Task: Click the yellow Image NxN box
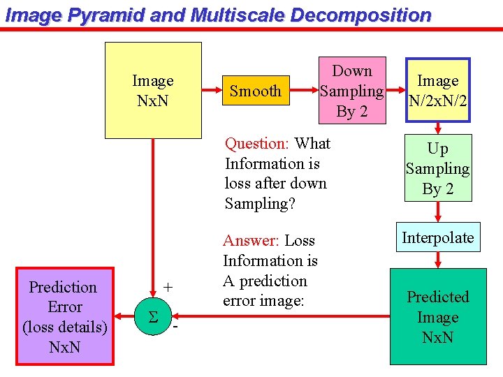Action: click(153, 90)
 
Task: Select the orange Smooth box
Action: click(256, 91)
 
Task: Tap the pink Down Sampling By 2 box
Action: click(352, 91)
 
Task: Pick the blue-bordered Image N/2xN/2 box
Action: click(438, 91)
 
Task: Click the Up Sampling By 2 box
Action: click(438, 169)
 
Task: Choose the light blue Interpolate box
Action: click(438, 237)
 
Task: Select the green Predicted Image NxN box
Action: click(438, 317)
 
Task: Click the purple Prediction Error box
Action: click(65, 316)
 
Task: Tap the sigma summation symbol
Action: click(152, 318)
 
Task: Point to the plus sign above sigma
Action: click(168, 287)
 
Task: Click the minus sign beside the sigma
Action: click(175, 327)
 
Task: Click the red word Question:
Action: click(256, 144)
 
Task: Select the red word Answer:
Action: click(251, 241)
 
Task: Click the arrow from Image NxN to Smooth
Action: click(212, 91)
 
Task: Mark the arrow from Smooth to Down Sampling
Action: click(304, 91)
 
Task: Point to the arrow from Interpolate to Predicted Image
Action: click(438, 260)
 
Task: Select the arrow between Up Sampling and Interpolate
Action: click(438, 213)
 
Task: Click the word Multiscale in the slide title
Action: click(235, 15)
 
